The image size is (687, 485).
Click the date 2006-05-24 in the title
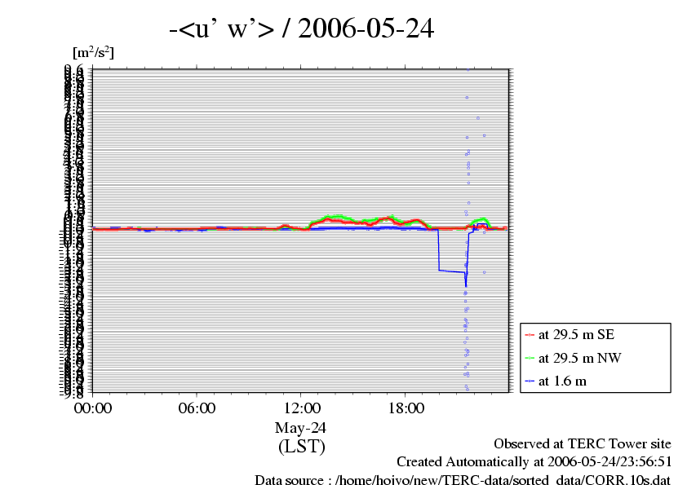tap(366, 30)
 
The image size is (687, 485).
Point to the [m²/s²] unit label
tap(94, 53)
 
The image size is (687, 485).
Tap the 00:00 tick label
tap(93, 408)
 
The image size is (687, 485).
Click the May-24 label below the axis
tap(301, 428)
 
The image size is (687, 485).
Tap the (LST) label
tap(301, 447)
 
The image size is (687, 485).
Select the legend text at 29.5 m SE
tap(577, 334)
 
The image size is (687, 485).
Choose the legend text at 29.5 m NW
tap(578, 357)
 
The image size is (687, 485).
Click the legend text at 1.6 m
tap(562, 381)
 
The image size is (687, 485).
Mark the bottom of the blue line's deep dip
tap(465, 286)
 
